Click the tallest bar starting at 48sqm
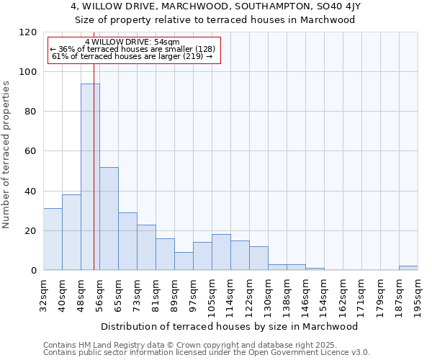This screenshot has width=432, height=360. click(90, 176)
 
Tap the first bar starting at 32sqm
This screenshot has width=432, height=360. click(53, 239)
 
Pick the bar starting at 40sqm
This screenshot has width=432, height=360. click(71, 232)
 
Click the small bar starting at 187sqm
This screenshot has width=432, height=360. click(408, 268)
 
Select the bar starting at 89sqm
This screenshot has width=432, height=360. click(184, 261)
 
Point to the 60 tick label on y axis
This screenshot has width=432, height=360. click(31, 151)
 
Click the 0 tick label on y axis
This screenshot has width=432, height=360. click(34, 271)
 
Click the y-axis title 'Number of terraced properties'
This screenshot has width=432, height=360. click(6, 154)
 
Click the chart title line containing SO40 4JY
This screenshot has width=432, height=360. click(215, 6)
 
